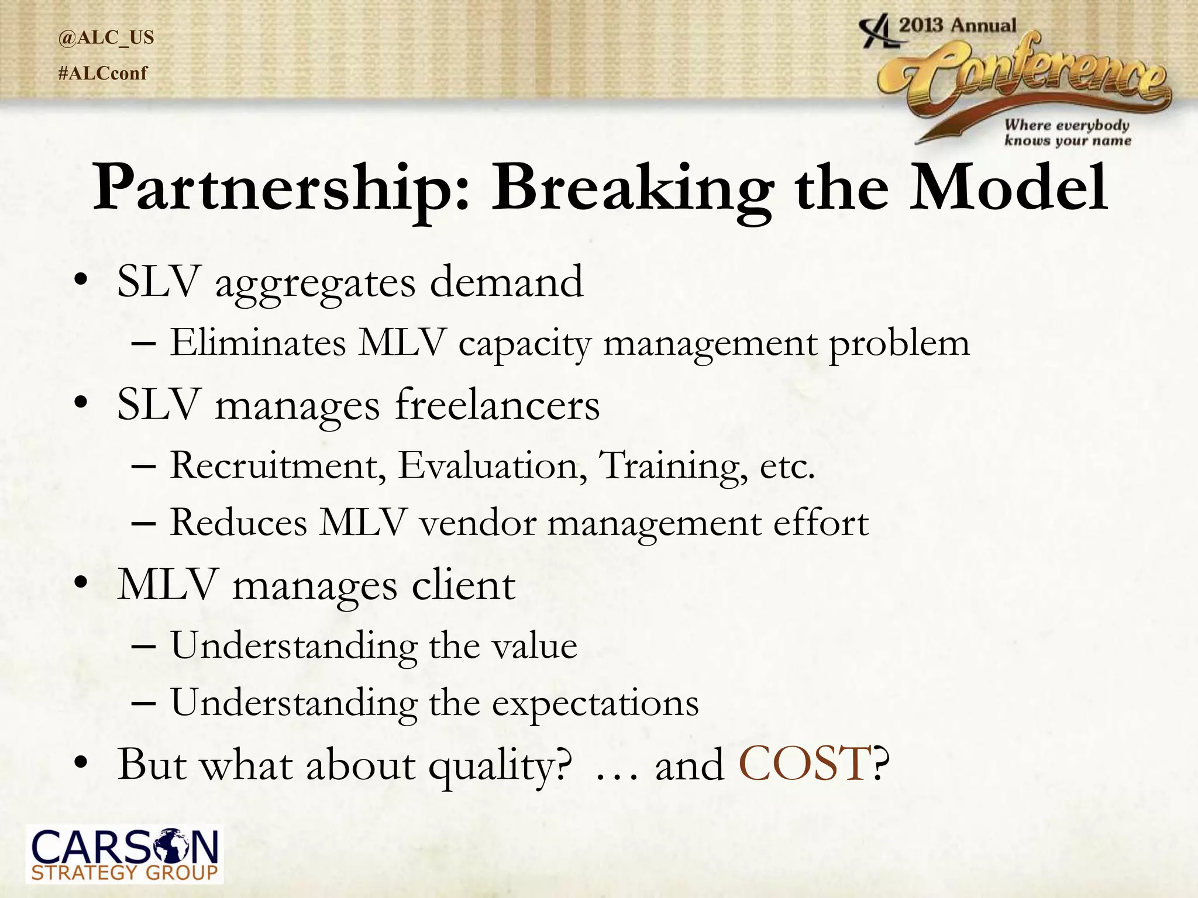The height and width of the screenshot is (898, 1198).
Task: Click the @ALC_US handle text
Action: click(x=106, y=38)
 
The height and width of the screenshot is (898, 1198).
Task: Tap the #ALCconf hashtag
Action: click(x=103, y=74)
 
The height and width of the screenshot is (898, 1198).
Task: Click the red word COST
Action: click(x=804, y=764)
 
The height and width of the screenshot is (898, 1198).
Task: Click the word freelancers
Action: click(x=497, y=405)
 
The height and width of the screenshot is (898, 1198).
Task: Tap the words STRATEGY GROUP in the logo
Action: click(x=124, y=873)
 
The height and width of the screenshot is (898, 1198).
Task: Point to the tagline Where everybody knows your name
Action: click(x=1067, y=133)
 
